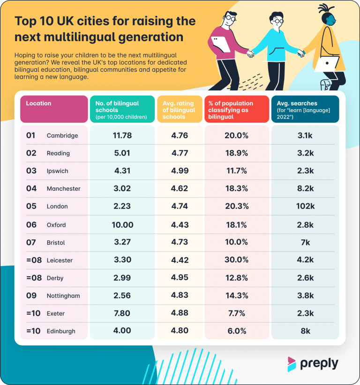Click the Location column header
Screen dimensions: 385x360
39,103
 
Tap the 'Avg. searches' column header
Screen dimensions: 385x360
300,103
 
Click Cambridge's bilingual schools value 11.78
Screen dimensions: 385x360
122,135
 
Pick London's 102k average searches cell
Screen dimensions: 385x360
305,206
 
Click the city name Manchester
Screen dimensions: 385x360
63,189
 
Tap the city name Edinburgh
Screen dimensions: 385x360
61,331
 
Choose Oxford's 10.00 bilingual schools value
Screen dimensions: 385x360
122,225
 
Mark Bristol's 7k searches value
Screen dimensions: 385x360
305,243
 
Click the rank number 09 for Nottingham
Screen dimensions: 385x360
31,296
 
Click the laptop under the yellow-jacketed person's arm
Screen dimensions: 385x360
326,63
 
